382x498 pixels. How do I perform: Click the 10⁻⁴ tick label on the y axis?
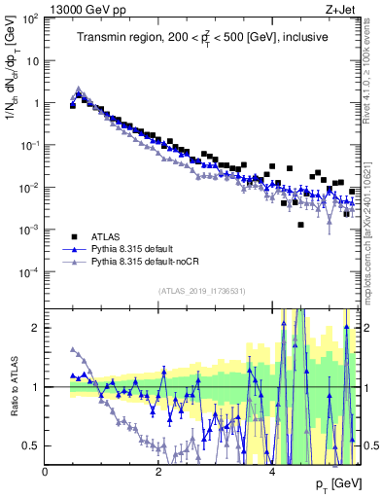(x=29, y=272)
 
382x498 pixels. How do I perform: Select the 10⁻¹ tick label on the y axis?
(x=29, y=145)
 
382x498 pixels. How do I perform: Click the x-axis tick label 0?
(x=46, y=472)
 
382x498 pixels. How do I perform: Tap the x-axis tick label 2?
(x=158, y=472)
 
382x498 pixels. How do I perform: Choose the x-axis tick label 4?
(x=272, y=472)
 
